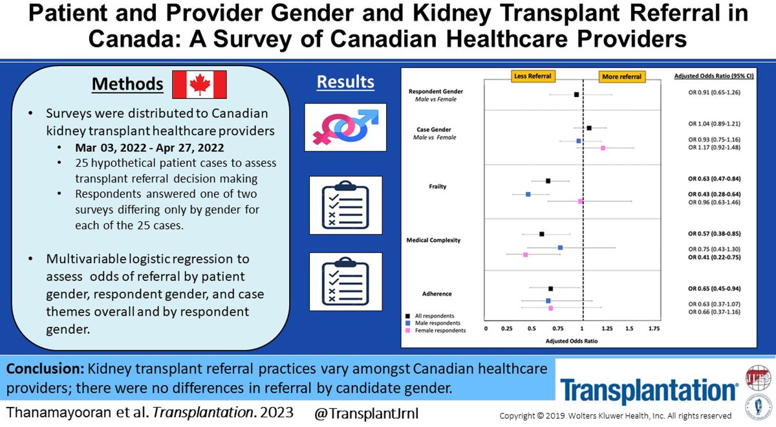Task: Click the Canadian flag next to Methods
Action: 200,84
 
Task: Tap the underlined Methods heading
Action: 127,84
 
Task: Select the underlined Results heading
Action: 345,82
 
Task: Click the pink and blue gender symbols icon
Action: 345,126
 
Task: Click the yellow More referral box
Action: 621,76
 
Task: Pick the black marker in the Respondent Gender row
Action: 576,94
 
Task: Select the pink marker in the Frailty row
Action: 580,202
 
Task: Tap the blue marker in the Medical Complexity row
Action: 560,248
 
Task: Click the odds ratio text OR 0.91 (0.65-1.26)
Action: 715,93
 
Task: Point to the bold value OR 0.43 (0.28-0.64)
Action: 715,194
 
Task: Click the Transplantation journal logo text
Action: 649,391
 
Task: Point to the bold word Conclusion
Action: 45,368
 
